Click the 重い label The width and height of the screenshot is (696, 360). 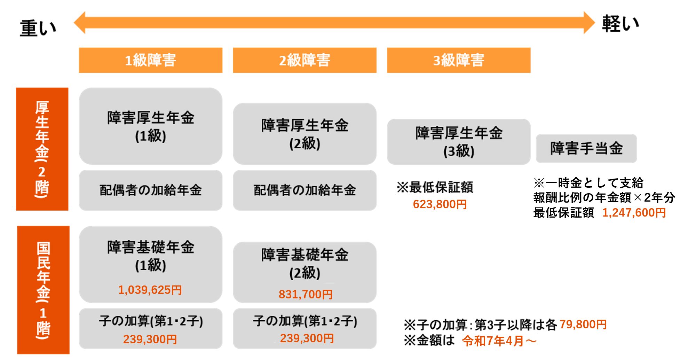[38, 28]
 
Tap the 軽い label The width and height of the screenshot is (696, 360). [621, 24]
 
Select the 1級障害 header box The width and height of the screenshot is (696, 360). [151, 60]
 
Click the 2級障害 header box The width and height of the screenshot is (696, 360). [304, 60]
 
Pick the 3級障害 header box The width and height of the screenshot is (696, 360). [459, 60]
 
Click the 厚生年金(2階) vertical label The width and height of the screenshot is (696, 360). [42, 149]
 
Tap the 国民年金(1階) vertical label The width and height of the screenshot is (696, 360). [43, 290]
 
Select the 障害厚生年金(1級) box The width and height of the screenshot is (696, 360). [151, 126]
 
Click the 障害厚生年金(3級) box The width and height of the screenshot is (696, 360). [459, 141]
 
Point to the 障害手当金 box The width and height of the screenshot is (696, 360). [586, 148]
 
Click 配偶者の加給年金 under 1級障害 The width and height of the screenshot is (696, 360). [151, 190]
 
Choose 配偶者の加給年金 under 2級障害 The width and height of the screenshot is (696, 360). [304, 190]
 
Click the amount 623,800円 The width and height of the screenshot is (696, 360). [440, 204]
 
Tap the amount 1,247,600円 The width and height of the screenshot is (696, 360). [634, 212]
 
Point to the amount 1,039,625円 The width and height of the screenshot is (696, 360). [150, 290]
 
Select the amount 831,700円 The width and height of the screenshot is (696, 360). [306, 295]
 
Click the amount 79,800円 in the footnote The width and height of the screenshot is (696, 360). [583, 324]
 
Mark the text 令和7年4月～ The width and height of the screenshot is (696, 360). [499, 341]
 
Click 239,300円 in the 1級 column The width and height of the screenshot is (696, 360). [150, 339]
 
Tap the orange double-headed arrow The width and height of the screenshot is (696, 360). [334, 23]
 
